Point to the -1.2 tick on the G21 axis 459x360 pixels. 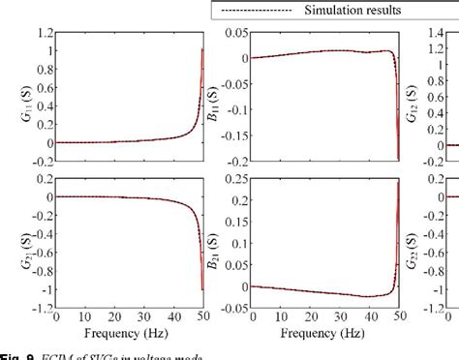click(41, 309)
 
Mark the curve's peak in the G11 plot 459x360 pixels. click(201, 48)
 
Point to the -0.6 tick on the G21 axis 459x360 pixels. click(41, 253)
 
